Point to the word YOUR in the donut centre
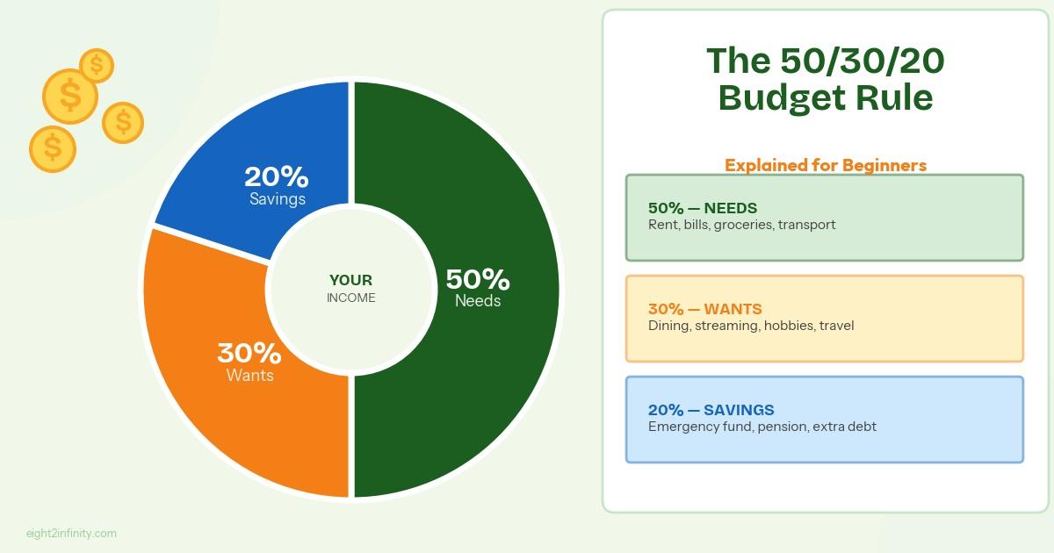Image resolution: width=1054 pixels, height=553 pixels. pos(350,280)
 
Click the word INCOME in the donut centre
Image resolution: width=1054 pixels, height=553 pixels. pos(351,298)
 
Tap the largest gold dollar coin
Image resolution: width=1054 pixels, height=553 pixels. pos(70,97)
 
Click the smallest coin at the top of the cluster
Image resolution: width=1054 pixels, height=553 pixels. pos(97,65)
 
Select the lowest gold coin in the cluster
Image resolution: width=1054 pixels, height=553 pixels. pos(53,148)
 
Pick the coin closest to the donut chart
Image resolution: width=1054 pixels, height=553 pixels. pos(123,123)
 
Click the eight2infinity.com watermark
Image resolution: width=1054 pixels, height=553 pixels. pos(71,534)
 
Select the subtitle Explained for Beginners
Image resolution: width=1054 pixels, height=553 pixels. pos(826,165)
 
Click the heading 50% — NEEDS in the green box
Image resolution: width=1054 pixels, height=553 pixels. pos(703,208)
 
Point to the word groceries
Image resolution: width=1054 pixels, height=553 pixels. pos(743,226)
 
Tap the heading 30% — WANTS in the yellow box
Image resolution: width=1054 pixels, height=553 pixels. pos(704,309)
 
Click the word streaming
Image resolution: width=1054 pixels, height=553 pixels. pos(727,327)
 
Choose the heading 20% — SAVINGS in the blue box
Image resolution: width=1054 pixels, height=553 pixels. pos(711,410)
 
